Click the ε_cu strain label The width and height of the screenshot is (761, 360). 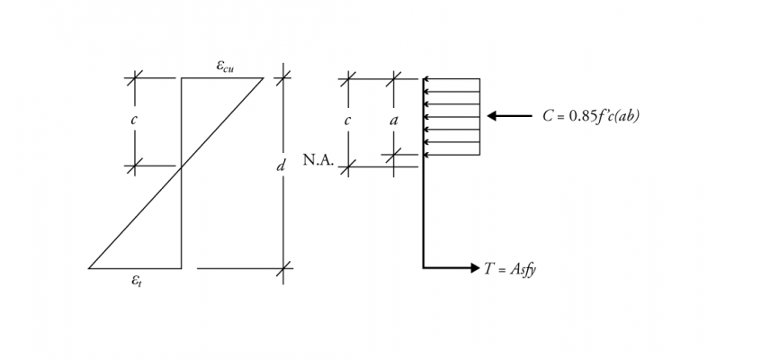coord(225,66)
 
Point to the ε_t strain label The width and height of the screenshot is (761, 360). coord(137,280)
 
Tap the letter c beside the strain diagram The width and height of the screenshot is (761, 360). coord(133,120)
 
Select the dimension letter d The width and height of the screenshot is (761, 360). coord(281,166)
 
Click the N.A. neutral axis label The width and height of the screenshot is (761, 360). coord(318,160)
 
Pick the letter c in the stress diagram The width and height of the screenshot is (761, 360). coord(347,120)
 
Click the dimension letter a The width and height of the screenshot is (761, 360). coord(394,120)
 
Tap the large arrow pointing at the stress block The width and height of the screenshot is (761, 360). coord(510,115)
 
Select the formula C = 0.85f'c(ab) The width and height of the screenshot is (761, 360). coord(591,116)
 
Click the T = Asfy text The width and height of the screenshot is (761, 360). coord(510,269)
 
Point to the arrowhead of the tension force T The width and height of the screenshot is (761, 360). coord(475,267)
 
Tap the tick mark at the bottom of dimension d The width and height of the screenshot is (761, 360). coord(284,268)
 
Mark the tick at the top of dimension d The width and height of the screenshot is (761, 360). coord(283,77)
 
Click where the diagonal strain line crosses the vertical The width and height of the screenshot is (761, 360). coord(182,167)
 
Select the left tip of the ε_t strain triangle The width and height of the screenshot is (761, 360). coord(89,268)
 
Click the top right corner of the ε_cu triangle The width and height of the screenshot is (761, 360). coord(264,77)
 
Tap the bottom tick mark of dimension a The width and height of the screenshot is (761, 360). coord(394,155)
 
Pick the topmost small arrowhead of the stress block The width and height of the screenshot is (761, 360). coord(425,78)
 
